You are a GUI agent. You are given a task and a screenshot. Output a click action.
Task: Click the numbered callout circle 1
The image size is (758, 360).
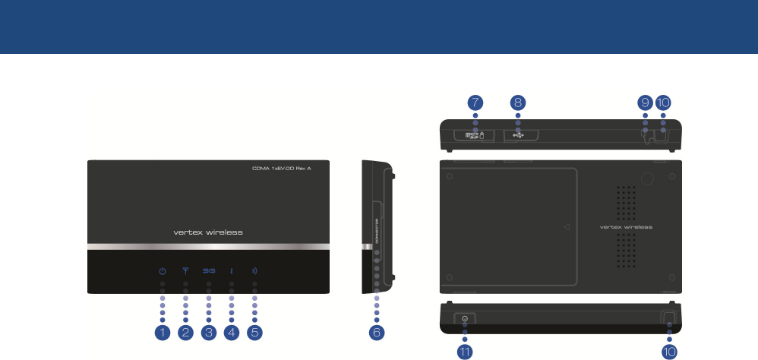tap(162, 332)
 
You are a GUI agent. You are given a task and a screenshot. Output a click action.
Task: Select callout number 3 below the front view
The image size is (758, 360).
tap(208, 332)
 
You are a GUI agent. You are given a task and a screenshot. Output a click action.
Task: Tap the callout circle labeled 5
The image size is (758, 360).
tap(254, 332)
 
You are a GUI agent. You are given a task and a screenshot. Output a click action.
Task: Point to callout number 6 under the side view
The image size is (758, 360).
tap(376, 332)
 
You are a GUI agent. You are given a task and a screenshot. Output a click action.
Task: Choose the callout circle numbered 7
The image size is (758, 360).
tap(475, 102)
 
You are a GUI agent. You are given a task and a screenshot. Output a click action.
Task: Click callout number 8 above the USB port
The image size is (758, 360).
tap(518, 102)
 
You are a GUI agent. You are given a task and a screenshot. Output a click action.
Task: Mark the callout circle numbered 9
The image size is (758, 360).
tap(645, 102)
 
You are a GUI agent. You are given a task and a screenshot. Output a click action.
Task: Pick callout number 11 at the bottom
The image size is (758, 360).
tap(464, 352)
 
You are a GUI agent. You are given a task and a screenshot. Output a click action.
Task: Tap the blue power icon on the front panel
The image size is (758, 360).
tap(162, 270)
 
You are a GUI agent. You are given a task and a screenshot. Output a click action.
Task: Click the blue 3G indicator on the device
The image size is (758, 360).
tap(208, 270)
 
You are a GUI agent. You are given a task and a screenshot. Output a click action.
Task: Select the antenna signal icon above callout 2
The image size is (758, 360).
tap(185, 270)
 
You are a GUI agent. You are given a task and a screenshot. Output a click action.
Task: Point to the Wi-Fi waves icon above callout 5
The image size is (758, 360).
tap(254, 270)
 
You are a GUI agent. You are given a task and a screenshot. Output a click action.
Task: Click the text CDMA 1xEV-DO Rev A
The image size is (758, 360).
tap(282, 168)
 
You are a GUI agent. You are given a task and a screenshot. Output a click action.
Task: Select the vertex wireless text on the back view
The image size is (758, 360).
tap(626, 226)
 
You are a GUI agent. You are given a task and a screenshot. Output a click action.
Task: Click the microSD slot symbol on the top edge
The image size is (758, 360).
tap(474, 134)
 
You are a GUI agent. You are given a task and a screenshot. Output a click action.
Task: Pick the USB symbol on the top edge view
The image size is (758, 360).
tap(518, 134)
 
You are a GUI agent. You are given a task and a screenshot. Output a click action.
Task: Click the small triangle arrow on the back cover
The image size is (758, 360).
tap(567, 226)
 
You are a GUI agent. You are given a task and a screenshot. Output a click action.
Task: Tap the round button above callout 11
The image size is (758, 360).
tap(465, 319)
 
